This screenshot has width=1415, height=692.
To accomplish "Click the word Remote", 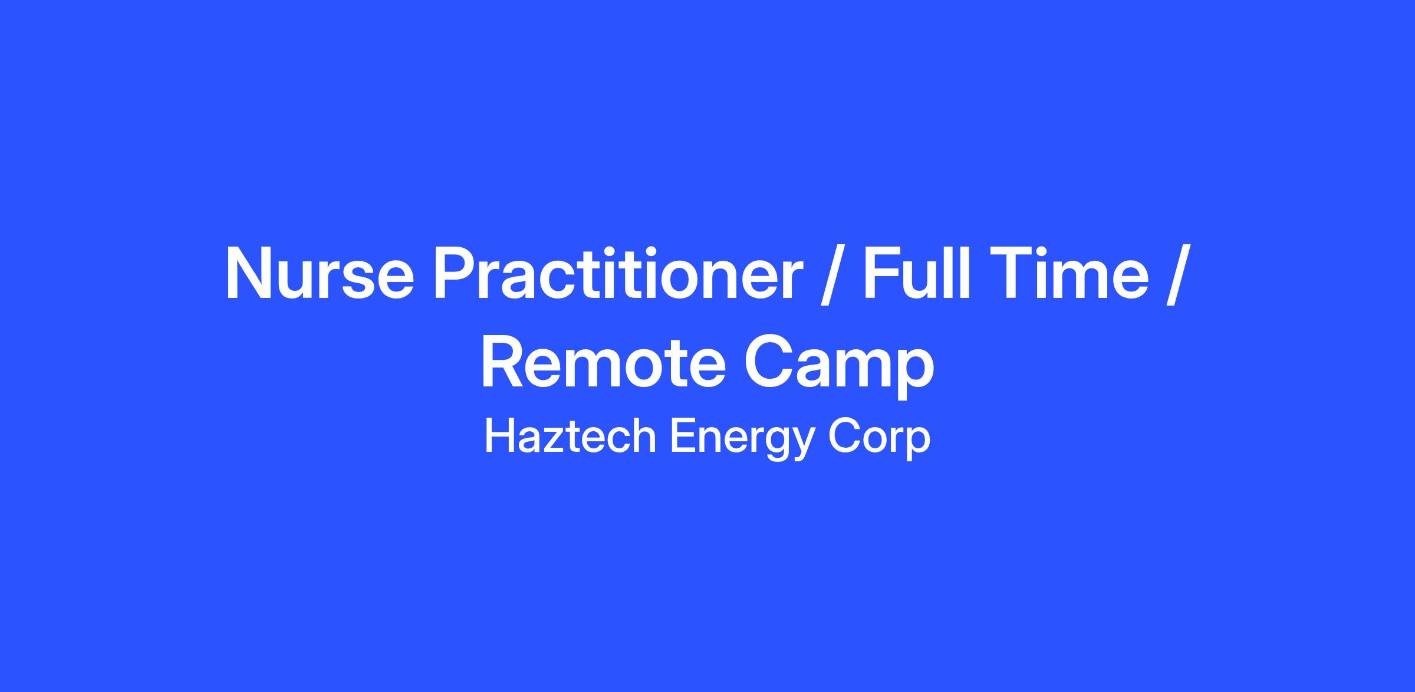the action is pyautogui.click(x=603, y=362).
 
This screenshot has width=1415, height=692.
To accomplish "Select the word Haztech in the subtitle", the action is pyautogui.click(x=570, y=437).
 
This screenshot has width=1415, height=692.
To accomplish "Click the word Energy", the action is pyautogui.click(x=741, y=440).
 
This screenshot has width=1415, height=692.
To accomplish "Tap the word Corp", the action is pyautogui.click(x=879, y=440).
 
